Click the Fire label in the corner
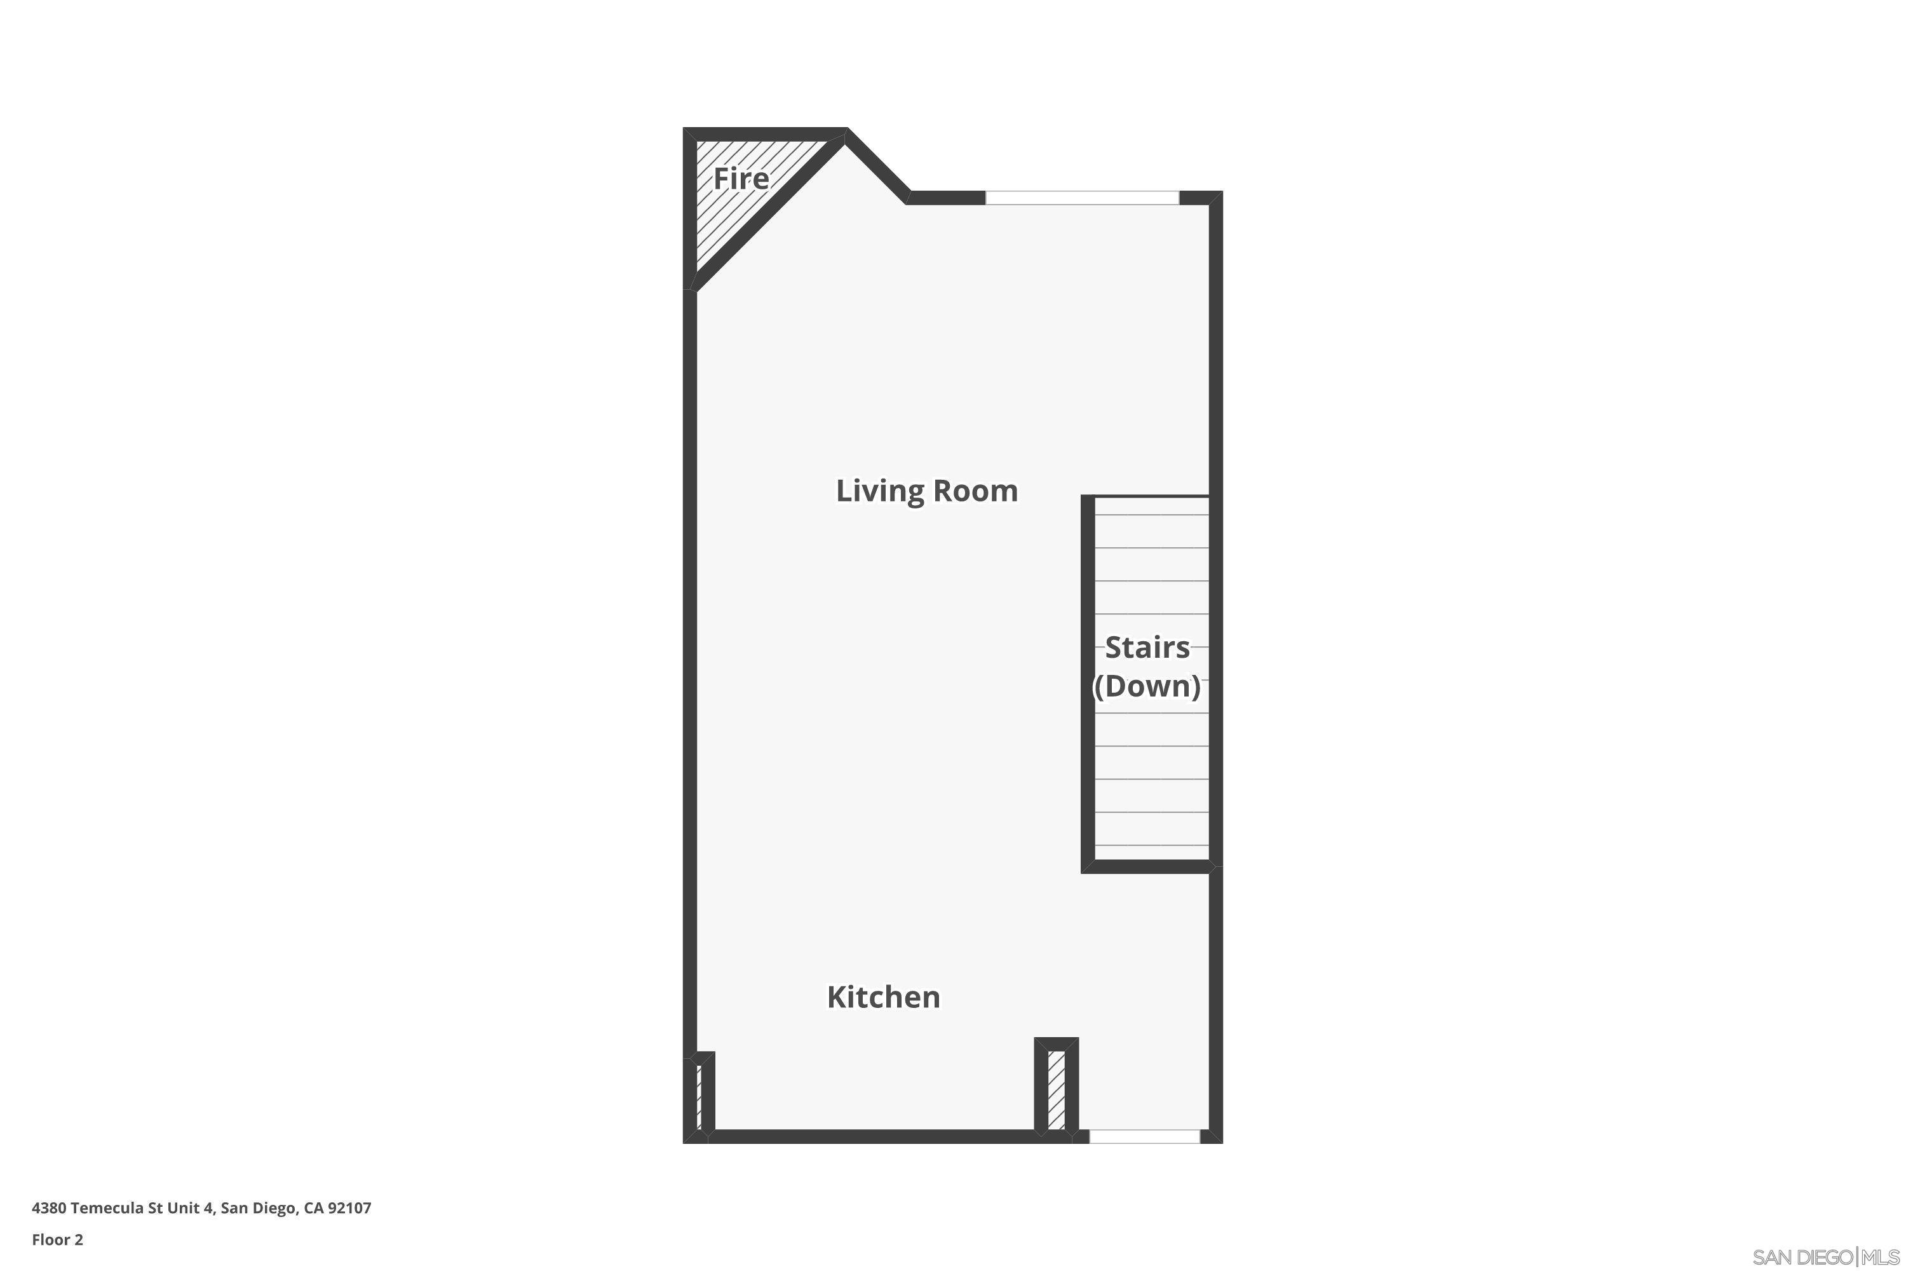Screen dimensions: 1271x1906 click(741, 179)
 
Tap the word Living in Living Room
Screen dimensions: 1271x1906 click(880, 491)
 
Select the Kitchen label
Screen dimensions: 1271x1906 click(883, 997)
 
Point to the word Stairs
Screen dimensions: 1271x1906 click(1147, 648)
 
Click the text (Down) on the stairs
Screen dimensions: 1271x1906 click(1147, 686)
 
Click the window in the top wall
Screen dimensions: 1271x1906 click(1082, 198)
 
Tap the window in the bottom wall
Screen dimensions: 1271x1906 click(1144, 1136)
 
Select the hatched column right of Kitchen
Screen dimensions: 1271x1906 click(1056, 1089)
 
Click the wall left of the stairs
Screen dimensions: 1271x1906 click(1088, 681)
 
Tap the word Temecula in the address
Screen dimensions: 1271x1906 click(108, 1208)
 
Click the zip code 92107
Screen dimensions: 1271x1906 click(348, 1208)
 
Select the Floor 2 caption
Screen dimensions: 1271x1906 click(58, 1239)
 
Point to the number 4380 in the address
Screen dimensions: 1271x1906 click(49, 1208)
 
